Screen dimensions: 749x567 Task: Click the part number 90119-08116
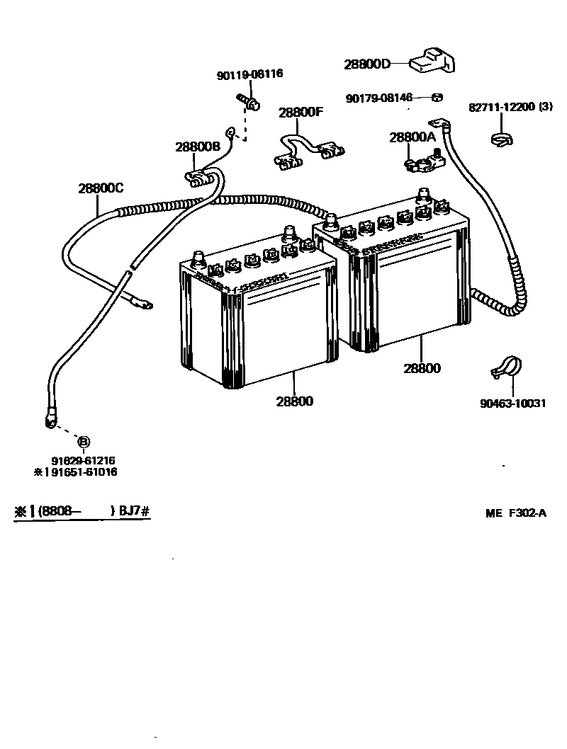[249, 74]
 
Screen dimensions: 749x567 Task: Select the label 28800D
[367, 64]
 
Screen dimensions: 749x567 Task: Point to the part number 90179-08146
[379, 98]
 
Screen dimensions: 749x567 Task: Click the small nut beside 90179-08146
[437, 98]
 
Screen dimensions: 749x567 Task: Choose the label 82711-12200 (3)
[510, 108]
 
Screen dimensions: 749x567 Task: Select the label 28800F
[301, 112]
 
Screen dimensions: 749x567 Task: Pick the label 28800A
[410, 137]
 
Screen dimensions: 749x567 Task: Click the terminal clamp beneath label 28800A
[420, 164]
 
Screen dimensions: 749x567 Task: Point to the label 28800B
[198, 147]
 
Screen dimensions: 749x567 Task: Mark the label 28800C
[101, 188]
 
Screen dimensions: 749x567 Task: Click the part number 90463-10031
[512, 404]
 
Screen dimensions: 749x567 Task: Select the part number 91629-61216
[83, 460]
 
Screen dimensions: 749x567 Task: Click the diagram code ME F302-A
[516, 514]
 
